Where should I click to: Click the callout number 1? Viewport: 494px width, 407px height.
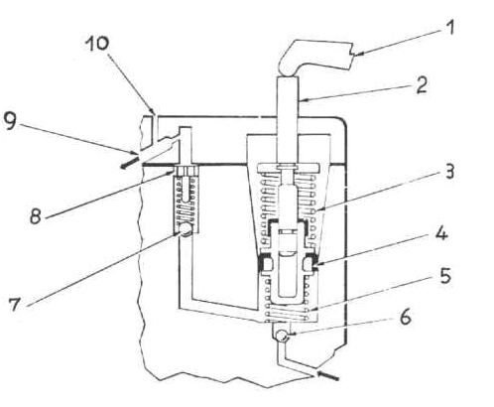448,28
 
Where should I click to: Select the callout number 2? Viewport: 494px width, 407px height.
421,84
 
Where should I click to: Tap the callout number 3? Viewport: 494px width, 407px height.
448,172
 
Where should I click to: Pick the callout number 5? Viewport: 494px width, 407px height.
445,275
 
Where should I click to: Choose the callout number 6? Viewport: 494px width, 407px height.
405,317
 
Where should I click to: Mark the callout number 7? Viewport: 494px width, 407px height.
15,304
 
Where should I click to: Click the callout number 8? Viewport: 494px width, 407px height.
36,215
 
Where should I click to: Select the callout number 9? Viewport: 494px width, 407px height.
10,121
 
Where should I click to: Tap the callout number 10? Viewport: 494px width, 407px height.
97,44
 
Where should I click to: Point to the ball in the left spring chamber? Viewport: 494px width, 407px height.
185,229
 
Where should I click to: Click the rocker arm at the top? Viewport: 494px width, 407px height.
314,57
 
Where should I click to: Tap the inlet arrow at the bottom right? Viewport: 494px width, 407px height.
327,375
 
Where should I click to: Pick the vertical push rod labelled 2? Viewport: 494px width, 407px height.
288,121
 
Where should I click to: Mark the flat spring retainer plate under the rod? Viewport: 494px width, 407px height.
288,168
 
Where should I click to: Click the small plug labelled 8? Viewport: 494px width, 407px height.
186,171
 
